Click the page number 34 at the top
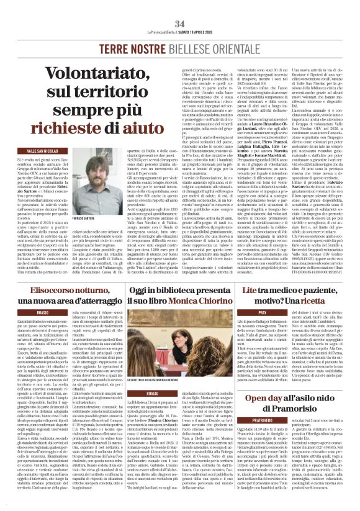coord(180,24)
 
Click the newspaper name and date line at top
coord(180,32)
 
